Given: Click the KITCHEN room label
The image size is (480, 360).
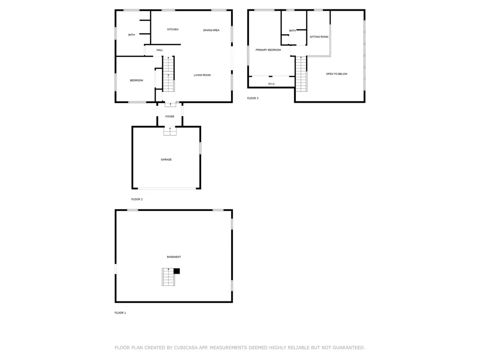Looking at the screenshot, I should [172, 30].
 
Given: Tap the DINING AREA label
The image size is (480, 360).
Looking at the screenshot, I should [211, 30].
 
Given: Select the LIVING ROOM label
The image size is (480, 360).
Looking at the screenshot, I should [202, 75].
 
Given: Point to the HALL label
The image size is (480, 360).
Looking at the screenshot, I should [159, 50].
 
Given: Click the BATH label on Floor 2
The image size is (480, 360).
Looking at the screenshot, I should [132, 35].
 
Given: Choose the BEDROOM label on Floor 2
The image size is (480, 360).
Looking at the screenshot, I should [136, 81].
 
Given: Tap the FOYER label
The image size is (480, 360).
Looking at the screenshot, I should [170, 117].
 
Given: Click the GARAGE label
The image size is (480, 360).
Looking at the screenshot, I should [166, 160].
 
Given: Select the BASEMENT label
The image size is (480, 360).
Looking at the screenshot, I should [174, 257].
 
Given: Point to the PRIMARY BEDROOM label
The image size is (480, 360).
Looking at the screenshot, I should [268, 50].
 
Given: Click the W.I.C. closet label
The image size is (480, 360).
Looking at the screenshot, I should [271, 84].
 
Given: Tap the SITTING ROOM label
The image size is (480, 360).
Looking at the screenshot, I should [319, 37].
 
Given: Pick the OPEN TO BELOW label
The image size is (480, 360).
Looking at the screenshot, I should [337, 74].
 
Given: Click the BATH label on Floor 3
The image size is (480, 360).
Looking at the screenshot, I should [292, 31].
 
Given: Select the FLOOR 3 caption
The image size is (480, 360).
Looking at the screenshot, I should [253, 98].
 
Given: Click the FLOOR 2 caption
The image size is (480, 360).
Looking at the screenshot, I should [137, 199].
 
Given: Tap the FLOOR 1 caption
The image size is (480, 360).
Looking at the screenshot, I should [120, 313].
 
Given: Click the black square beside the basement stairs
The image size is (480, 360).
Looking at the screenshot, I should [177, 270].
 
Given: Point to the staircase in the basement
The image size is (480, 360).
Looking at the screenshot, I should [168, 277].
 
